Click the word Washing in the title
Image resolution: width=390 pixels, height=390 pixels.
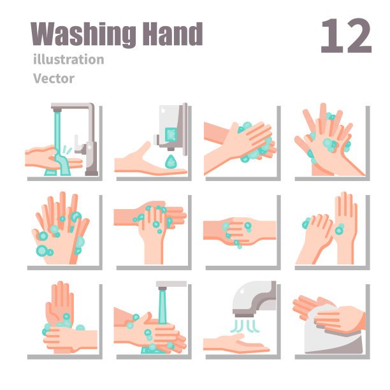(83, 34)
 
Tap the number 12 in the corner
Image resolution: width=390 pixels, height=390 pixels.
(346, 36)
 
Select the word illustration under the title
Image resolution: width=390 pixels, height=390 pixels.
(69, 59)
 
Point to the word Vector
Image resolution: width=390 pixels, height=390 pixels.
(54, 78)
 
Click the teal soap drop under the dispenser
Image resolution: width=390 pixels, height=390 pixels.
(171, 162)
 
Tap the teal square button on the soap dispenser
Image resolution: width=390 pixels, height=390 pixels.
(171, 134)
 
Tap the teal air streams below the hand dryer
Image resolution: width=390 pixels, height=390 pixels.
(245, 326)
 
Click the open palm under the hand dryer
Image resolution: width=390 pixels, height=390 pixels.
(236, 343)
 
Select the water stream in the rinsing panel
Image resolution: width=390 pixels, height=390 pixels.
(162, 308)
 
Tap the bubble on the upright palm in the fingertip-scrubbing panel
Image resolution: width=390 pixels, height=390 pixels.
(339, 229)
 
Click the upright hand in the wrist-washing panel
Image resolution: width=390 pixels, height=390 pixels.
(60, 302)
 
